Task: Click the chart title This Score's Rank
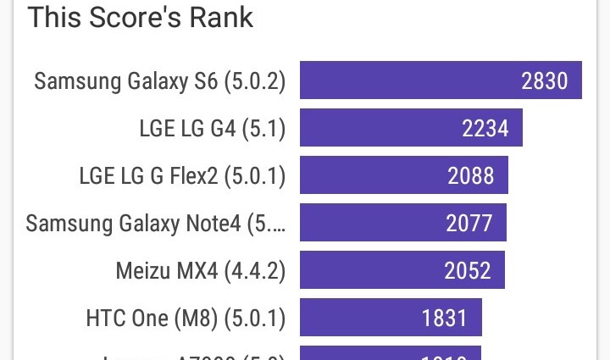(x=141, y=18)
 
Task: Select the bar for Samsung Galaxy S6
(x=407, y=80)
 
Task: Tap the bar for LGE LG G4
(x=381, y=128)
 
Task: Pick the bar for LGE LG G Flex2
(x=373, y=175)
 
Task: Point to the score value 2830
(x=545, y=80)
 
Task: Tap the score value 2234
(x=485, y=128)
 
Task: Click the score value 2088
(x=471, y=175)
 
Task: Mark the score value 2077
(x=469, y=223)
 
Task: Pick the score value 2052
(x=468, y=270)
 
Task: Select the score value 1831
(x=445, y=318)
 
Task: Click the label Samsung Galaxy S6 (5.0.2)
(x=159, y=81)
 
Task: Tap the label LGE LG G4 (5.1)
(x=212, y=129)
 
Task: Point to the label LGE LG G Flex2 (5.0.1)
(x=182, y=176)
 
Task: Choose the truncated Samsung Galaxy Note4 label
(x=155, y=224)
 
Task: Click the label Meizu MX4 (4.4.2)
(x=200, y=271)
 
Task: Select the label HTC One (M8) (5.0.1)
(x=186, y=318)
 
